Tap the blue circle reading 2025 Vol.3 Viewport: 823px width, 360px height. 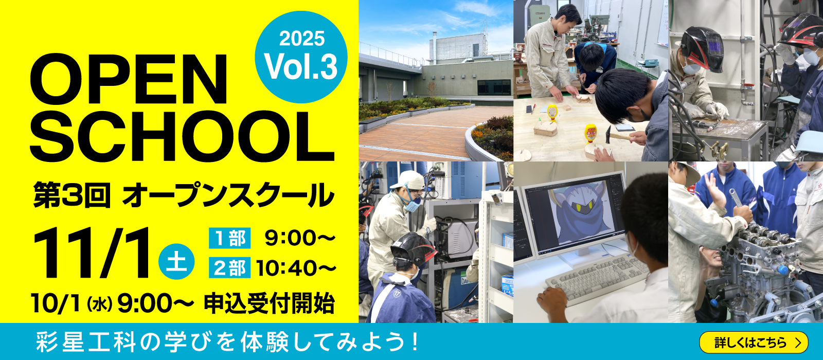(x=301, y=57)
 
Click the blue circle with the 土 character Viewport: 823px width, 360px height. (x=176, y=262)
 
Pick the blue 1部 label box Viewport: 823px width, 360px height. (x=229, y=238)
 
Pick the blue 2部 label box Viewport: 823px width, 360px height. (x=229, y=267)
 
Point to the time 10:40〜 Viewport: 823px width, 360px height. (x=296, y=268)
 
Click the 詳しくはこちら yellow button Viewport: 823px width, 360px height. (x=754, y=343)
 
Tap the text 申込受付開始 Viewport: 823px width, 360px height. (x=270, y=303)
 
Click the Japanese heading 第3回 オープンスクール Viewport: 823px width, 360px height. (x=183, y=195)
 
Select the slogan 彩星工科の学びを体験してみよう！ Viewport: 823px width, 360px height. (x=228, y=341)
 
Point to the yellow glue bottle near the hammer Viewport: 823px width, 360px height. (x=591, y=133)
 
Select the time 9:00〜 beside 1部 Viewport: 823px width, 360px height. (x=300, y=238)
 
